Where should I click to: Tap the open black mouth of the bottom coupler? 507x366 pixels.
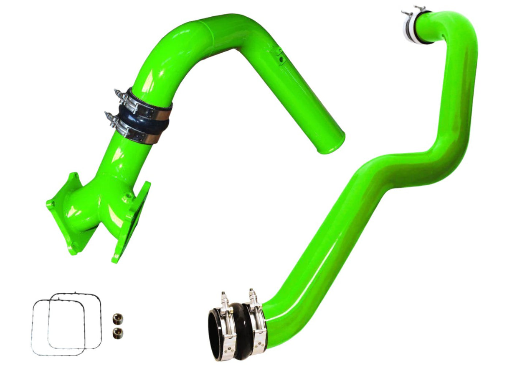point(218,335)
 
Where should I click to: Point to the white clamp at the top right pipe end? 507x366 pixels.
point(411,27)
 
